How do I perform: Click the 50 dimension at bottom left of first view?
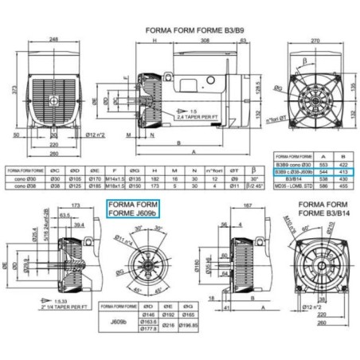coord(16,136)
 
